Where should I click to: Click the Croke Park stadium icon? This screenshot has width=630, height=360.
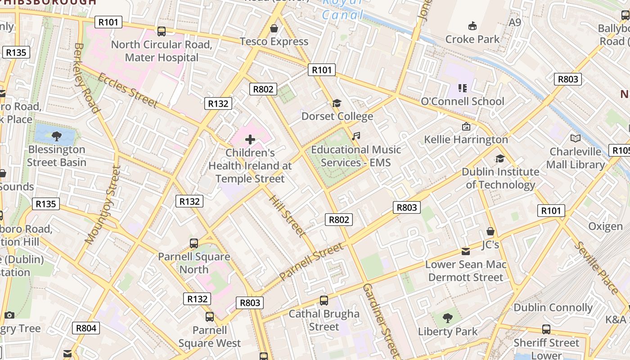tap(472, 26)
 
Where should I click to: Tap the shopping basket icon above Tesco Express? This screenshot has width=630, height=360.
tap(274, 28)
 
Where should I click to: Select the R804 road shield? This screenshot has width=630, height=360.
tap(86, 328)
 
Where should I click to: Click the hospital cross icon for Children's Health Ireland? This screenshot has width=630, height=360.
tap(250, 139)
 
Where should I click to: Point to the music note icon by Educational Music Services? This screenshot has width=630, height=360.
tap(356, 136)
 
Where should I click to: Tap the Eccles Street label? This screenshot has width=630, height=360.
tap(127, 90)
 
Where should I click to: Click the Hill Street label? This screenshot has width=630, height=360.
tap(287, 216)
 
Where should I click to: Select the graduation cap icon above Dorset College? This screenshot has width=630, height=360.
tap(337, 103)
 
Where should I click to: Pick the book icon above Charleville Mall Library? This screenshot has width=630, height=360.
tap(575, 138)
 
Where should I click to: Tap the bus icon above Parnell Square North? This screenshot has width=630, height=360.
tap(194, 243)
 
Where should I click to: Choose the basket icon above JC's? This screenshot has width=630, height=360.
tap(490, 231)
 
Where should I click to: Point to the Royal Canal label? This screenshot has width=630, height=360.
tap(343, 9)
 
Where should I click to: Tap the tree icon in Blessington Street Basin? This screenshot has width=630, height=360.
tap(57, 136)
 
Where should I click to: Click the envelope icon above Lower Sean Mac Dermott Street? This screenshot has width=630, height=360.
tap(466, 251)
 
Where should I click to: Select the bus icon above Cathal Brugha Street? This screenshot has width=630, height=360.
tap(324, 301)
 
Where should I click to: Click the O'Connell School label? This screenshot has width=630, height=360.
tap(462, 101)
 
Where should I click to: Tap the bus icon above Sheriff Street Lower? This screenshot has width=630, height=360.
tap(546, 329)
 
